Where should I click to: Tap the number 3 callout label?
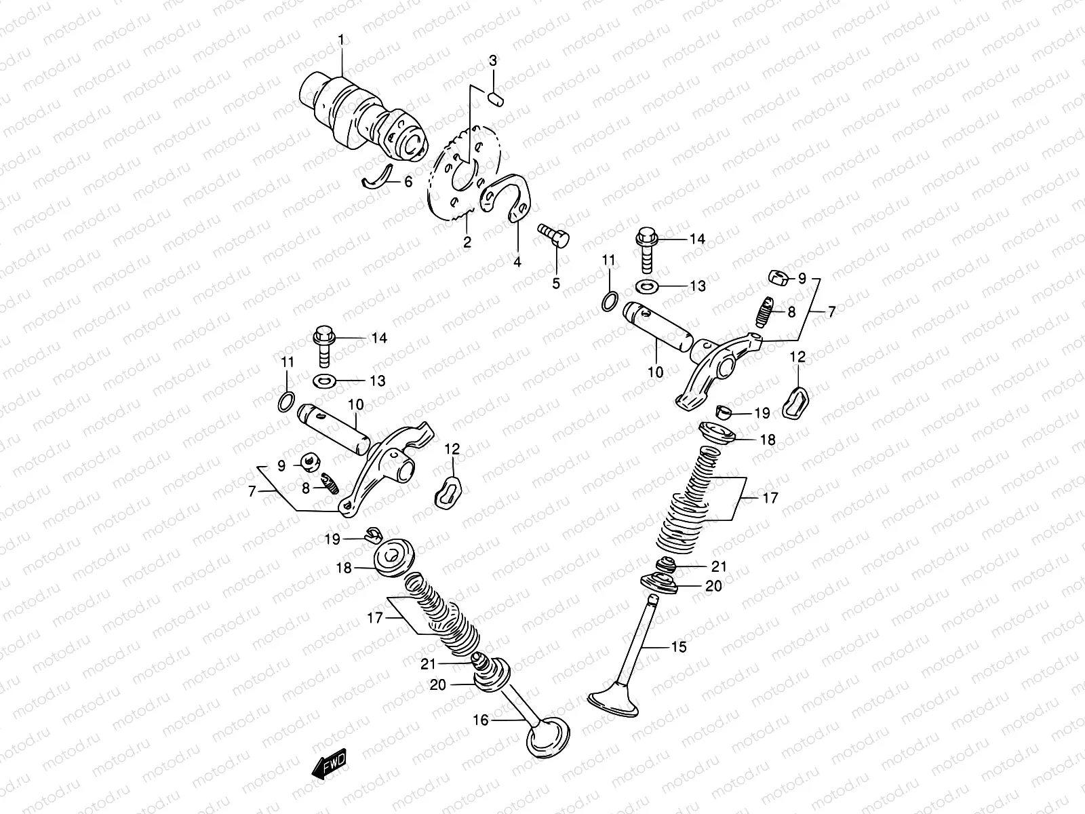point(493,61)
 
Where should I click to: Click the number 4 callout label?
point(517,262)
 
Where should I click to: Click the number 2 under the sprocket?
point(467,241)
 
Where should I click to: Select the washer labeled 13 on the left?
point(326,380)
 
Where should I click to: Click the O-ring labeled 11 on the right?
point(610,301)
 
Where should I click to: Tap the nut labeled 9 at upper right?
point(778,277)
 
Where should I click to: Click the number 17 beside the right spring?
point(770,498)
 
